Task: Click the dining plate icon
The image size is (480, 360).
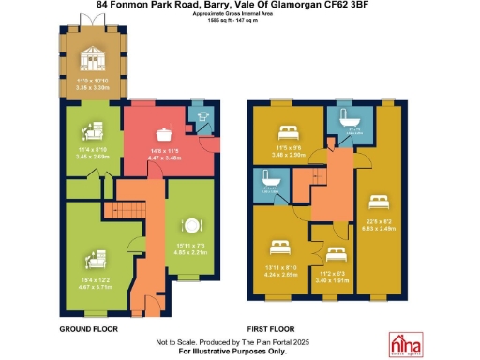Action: (192, 225)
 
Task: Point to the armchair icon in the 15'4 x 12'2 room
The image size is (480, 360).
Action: (96, 256)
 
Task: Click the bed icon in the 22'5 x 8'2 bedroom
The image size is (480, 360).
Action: (379, 201)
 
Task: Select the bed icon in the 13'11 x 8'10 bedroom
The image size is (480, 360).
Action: (279, 247)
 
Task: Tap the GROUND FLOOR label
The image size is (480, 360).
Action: (88, 329)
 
